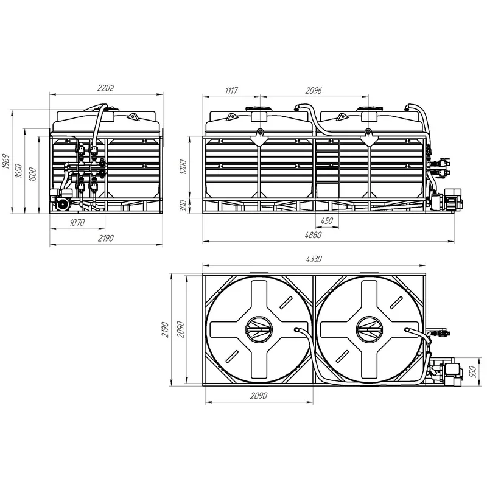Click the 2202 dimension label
106,88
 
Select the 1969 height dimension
6,161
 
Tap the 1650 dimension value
19,170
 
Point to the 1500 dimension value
32,175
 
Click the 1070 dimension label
77,223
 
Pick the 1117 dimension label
231,90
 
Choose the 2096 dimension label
314,91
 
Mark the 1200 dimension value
183,167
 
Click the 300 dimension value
183,206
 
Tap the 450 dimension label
326,221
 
